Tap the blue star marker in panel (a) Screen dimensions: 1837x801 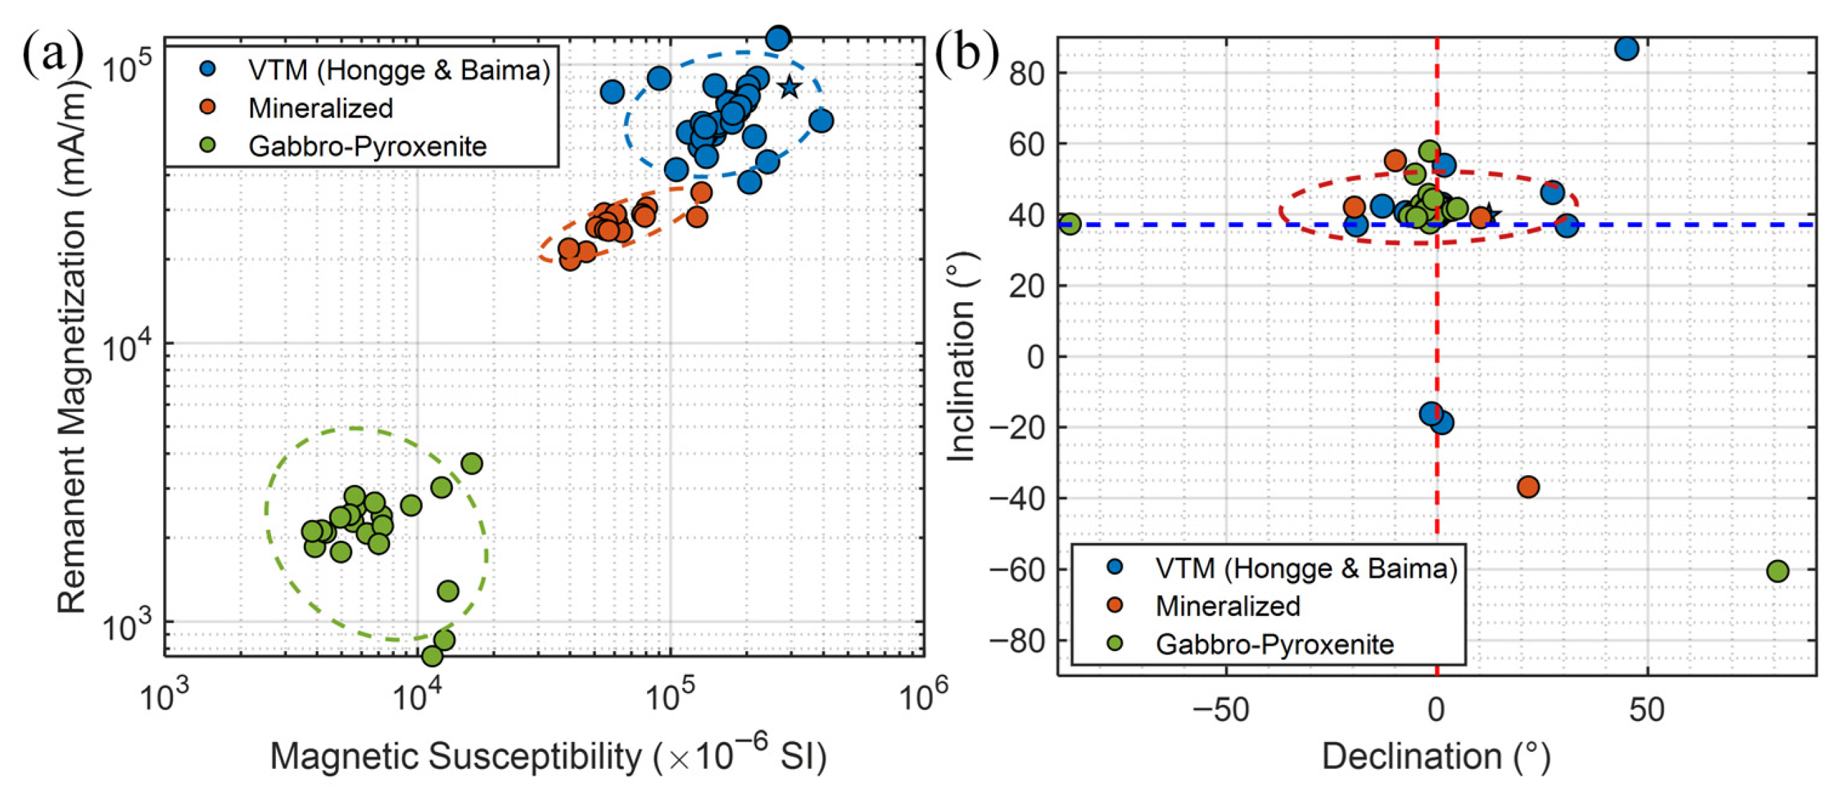789,87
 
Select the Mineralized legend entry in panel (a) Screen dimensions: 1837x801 320,109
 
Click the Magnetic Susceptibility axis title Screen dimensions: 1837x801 548,755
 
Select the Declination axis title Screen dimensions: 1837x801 1436,757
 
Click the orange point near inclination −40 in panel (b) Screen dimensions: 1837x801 1528,487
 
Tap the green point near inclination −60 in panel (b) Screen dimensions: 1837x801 1777,570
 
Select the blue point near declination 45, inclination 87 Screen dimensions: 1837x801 1627,48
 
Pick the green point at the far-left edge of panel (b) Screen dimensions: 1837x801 1069,224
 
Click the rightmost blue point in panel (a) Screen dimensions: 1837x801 821,121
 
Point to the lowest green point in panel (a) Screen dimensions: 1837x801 432,655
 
